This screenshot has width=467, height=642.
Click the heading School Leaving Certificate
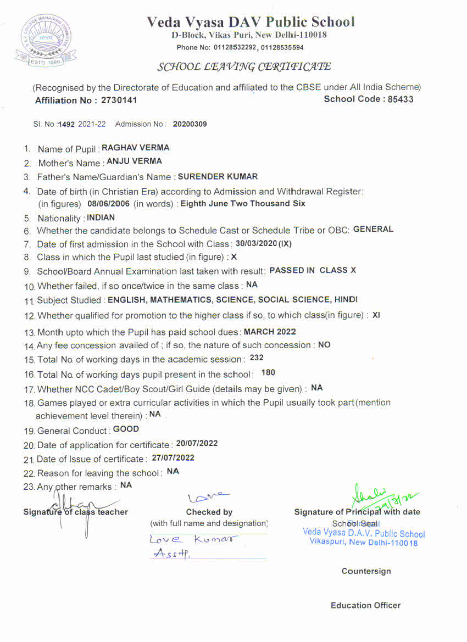click(x=244, y=67)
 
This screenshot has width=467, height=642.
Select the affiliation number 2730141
click(x=119, y=100)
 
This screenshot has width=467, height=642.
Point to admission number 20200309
click(x=190, y=124)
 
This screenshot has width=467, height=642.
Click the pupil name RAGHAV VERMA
click(x=136, y=148)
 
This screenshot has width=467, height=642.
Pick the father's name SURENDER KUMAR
click(x=218, y=177)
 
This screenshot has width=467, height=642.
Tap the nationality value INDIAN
click(x=101, y=217)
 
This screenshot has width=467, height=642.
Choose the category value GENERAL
click(x=373, y=230)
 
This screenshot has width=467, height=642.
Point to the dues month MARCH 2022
click(x=270, y=332)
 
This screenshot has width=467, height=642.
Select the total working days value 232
click(x=257, y=358)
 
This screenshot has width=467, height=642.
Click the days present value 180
click(x=268, y=373)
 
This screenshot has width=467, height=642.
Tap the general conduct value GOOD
click(x=126, y=429)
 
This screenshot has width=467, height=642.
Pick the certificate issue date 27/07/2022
click(x=173, y=457)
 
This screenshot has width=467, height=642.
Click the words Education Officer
click(x=365, y=605)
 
